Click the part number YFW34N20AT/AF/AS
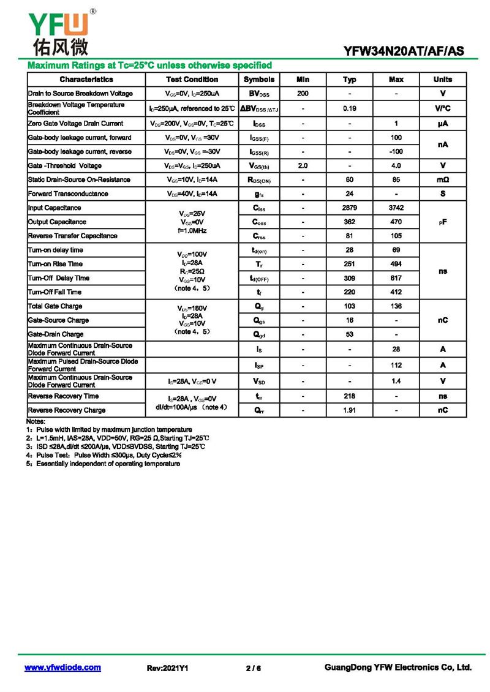click(x=404, y=52)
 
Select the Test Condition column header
click(x=192, y=80)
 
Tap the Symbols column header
click(x=259, y=80)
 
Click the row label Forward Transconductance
click(x=68, y=194)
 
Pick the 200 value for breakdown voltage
click(x=303, y=94)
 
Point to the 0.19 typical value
click(x=350, y=108)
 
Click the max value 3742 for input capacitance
click(x=396, y=208)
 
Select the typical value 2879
click(x=350, y=208)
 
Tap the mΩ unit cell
click(x=443, y=180)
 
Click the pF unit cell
click(x=443, y=222)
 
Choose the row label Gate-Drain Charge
click(x=56, y=334)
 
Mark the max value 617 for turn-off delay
click(x=396, y=278)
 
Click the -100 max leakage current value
click(x=396, y=151)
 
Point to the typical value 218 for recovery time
click(x=350, y=396)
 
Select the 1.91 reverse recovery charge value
click(x=350, y=410)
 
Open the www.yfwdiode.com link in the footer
click(x=62, y=668)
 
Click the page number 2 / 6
click(x=253, y=668)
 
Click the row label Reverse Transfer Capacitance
click(x=72, y=236)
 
